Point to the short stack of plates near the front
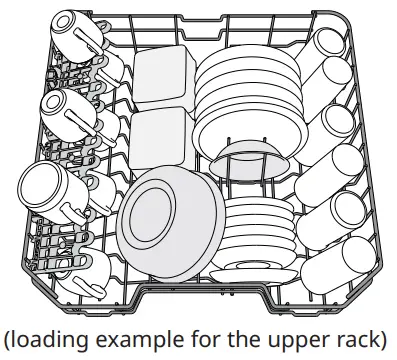[x=258, y=234]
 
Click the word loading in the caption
[x=53, y=341]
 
